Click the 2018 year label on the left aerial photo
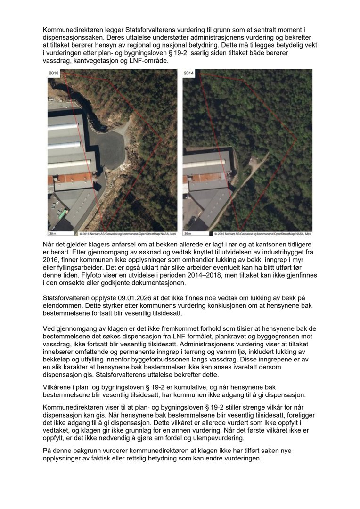[x=54, y=74]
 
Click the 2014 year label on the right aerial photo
[x=189, y=74]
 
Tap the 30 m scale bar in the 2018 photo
[x=53, y=233]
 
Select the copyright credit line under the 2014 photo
[x=262, y=233]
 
